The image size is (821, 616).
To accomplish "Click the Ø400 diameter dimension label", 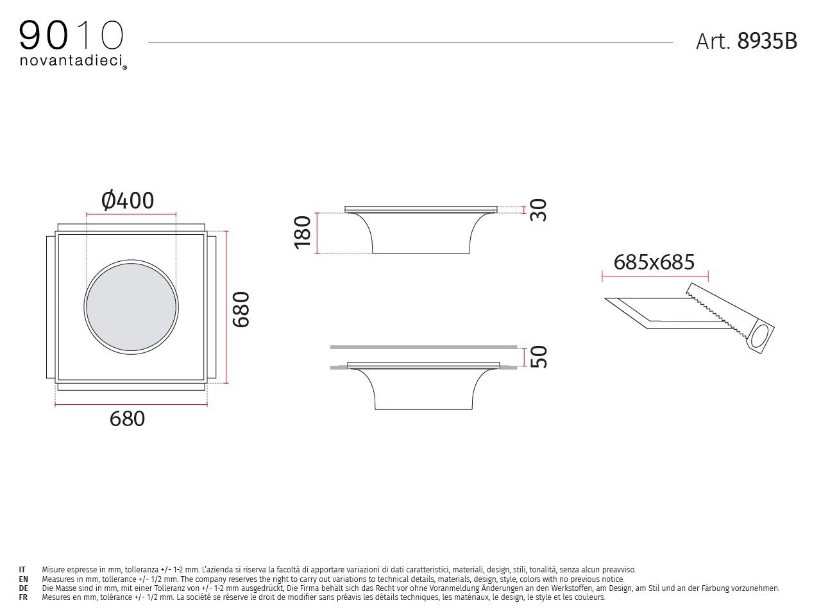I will [x=128, y=201].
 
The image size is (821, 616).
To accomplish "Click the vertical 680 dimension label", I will [x=241, y=309].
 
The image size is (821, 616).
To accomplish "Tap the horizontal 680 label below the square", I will [x=127, y=418].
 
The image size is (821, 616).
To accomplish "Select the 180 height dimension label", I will [x=303, y=232].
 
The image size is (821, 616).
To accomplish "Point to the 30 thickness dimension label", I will [x=540, y=210].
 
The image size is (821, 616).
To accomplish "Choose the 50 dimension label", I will [x=540, y=356].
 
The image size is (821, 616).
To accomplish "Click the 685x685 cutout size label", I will [x=654, y=262].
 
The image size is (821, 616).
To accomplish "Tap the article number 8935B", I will [x=767, y=41].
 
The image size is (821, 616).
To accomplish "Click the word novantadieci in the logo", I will [x=71, y=61].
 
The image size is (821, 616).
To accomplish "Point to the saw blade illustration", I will [x=715, y=309].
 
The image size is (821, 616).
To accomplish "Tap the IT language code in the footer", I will [x=22, y=569].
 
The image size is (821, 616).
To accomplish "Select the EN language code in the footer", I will [x=23, y=579].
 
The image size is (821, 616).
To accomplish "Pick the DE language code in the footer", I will [x=23, y=588].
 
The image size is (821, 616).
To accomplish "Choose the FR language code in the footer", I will [x=23, y=597].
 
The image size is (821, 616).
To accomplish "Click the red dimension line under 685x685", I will [x=655, y=277].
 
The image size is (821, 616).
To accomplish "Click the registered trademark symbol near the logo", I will [x=124, y=67].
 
